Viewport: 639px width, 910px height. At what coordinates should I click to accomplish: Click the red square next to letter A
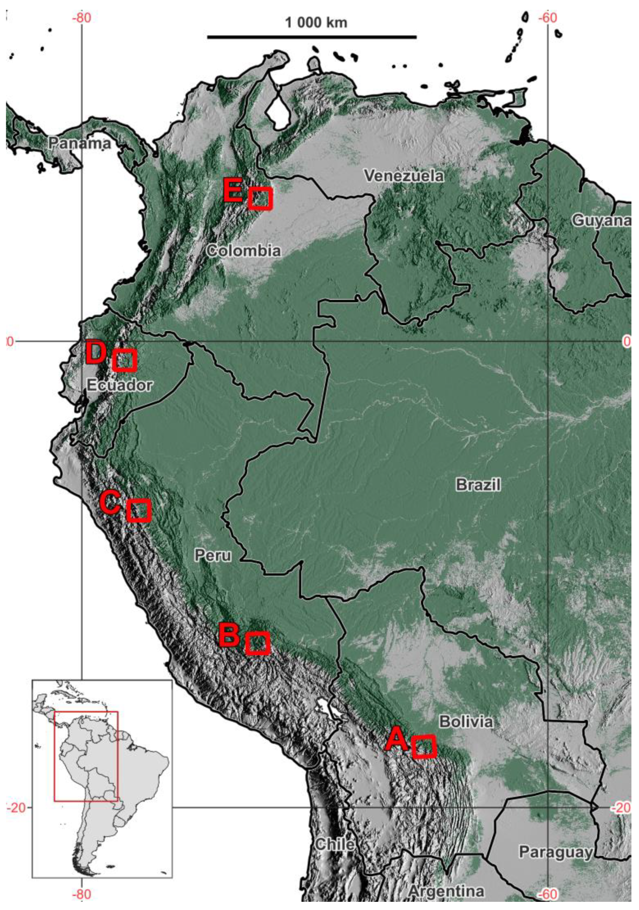[x=424, y=747]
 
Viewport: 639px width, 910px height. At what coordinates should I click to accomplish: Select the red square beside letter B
[x=258, y=643]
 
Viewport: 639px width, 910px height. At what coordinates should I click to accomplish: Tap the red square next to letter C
[x=139, y=510]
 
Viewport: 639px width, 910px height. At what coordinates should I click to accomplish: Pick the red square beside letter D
[x=125, y=360]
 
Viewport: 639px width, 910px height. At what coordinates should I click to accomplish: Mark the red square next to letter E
[x=260, y=198]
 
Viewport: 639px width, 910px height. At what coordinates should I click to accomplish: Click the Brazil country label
[x=478, y=484]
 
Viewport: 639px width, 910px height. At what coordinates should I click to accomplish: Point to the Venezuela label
[x=404, y=176]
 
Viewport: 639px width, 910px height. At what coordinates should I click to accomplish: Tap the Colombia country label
[x=243, y=250]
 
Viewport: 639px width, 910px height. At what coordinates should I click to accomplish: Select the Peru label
[x=213, y=555]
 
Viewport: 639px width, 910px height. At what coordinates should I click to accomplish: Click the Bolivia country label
[x=466, y=722]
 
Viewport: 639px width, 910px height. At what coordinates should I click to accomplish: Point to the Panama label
[x=80, y=143]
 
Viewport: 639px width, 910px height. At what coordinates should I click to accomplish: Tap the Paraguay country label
[x=555, y=851]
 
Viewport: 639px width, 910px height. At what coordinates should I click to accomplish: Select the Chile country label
[x=335, y=844]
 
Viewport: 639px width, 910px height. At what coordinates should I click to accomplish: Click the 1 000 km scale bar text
[x=316, y=23]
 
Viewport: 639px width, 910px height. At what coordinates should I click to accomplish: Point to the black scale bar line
[x=312, y=37]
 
